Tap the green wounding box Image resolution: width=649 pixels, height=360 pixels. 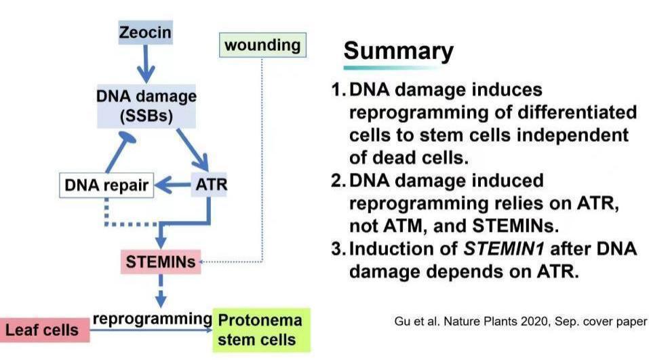tap(262, 45)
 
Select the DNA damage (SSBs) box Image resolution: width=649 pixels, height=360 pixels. tap(146, 106)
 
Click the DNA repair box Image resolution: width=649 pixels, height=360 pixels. tap(106, 184)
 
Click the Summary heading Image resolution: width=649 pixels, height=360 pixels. tap(398, 50)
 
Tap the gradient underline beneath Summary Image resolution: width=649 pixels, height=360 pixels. tap(393, 68)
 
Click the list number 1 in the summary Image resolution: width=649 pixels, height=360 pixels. tap(336, 89)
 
